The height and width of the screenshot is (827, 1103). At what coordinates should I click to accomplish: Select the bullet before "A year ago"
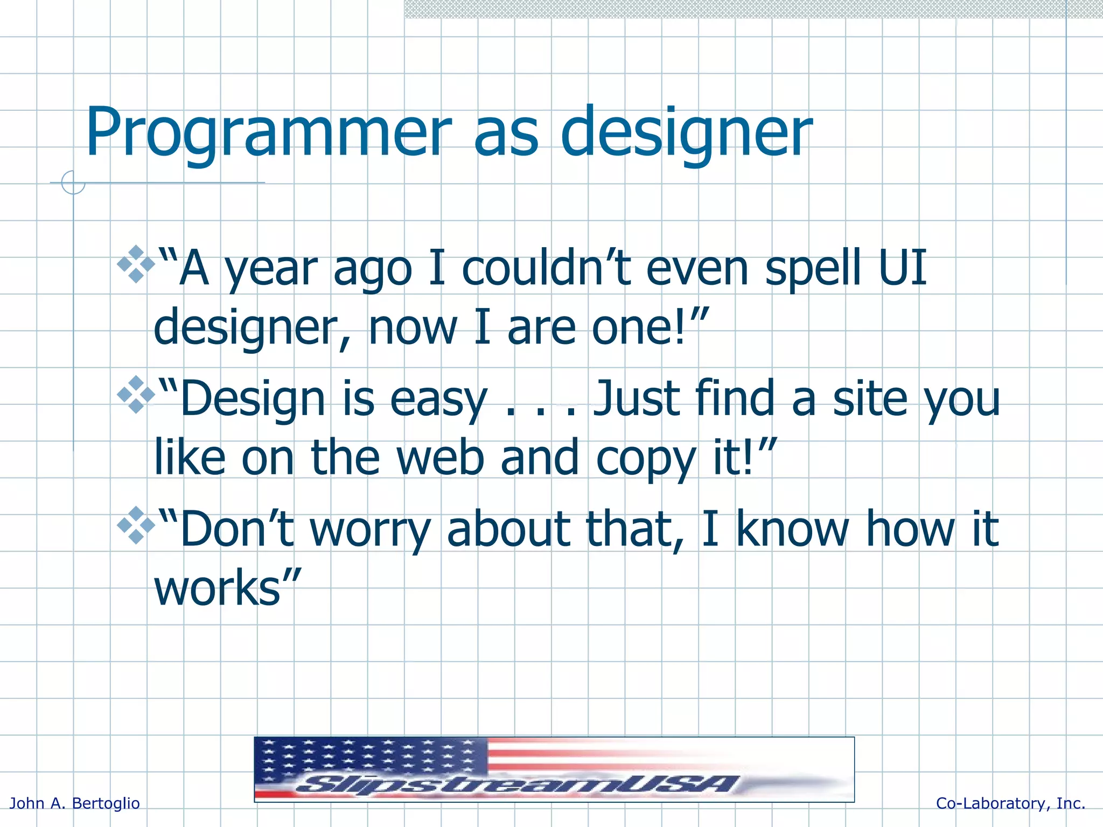[136, 264]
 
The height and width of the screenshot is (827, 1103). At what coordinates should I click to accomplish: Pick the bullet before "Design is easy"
[136, 395]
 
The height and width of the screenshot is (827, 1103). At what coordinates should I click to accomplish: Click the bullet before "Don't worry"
[136, 525]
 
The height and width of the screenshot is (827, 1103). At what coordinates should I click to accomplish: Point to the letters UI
[902, 267]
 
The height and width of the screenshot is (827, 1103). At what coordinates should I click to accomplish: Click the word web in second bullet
[440, 458]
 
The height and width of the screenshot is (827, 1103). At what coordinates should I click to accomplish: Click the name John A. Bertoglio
[75, 803]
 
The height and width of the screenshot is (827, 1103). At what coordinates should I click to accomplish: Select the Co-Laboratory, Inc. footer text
[1010, 803]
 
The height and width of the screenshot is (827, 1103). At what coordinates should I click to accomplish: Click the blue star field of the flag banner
[372, 756]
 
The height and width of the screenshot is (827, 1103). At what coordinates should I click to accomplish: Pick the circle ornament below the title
[73, 183]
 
